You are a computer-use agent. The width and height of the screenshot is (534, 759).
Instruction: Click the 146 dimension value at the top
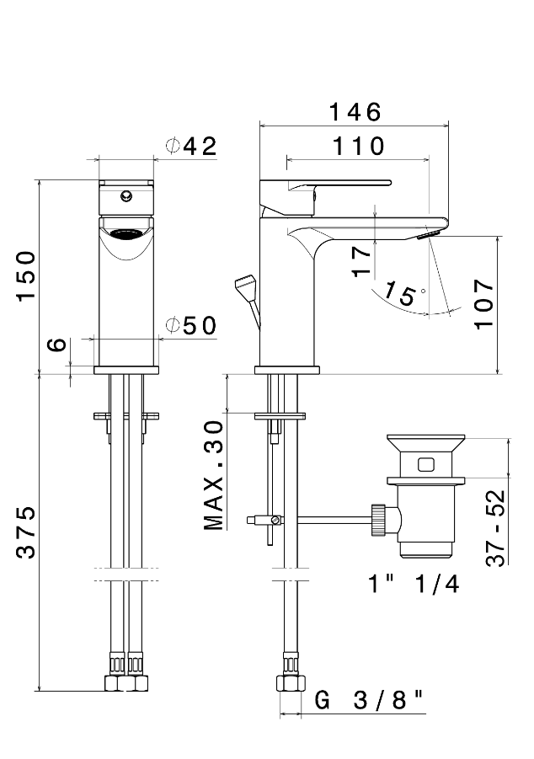pos(355,112)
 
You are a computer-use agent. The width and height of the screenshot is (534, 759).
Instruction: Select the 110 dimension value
pos(357,146)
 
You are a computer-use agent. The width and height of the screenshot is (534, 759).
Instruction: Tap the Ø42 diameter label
pos(192,146)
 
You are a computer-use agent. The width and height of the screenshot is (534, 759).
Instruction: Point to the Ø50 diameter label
pos(192,326)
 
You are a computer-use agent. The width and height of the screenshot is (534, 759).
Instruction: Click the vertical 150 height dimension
pos(27,275)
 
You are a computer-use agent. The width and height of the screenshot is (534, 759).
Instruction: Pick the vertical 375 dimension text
pos(27,532)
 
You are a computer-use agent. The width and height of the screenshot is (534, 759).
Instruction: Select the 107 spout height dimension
pos(483,304)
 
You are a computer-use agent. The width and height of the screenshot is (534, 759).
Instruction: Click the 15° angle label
pos(401,294)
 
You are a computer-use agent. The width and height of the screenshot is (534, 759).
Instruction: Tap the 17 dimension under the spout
pos(361,262)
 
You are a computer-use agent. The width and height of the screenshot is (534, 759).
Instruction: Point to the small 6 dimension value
pos(56,345)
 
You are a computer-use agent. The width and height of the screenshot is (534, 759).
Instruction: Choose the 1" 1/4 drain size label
pos(413,583)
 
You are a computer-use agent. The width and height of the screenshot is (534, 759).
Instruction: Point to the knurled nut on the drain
pos(378,520)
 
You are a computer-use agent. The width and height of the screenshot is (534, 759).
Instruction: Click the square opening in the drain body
pos(425,462)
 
